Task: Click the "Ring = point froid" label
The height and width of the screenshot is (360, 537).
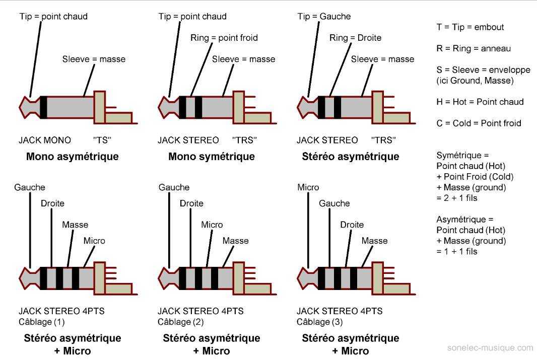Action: [224, 38]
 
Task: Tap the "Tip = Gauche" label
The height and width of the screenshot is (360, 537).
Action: [324, 17]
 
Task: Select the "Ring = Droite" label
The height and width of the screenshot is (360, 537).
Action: [355, 38]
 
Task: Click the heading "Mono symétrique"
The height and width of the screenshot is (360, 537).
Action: [211, 157]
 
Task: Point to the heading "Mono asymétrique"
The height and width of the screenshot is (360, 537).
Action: [72, 157]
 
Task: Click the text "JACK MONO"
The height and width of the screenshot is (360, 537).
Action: [45, 140]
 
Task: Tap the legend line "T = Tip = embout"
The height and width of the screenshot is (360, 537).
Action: [470, 27]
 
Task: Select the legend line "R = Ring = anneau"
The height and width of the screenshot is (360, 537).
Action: [474, 48]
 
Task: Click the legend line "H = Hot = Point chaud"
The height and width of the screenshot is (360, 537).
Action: [480, 102]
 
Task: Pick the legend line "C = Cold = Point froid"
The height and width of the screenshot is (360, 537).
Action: [479, 123]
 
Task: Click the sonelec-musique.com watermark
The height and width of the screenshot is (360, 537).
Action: [490, 348]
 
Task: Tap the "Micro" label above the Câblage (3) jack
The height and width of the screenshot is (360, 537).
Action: [308, 187]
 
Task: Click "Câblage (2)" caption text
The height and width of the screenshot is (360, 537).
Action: [180, 322]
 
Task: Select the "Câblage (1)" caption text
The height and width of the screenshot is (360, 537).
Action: [41, 322]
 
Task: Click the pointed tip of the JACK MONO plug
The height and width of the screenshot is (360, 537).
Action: [20, 107]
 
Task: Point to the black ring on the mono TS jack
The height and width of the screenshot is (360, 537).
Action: [43, 107]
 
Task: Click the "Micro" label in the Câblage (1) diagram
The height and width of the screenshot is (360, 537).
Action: [94, 241]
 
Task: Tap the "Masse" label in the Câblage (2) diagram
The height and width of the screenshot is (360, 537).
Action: [235, 241]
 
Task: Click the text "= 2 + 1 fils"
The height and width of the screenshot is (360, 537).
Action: [457, 198]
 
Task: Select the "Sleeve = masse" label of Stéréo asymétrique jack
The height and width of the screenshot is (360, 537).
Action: [382, 59]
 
